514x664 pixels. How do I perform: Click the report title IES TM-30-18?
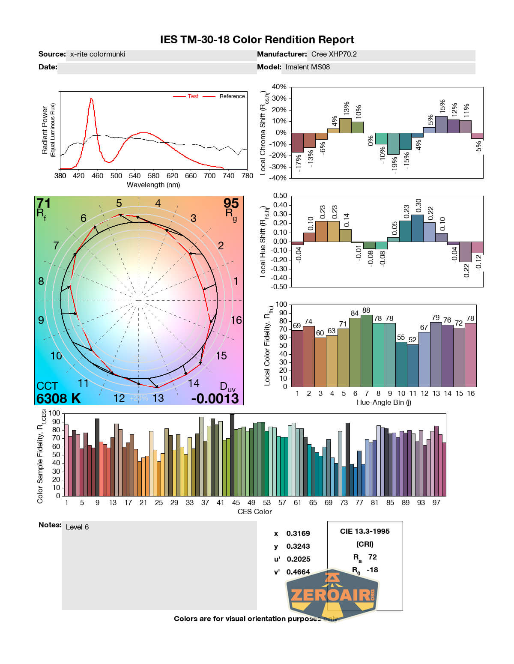pyautogui.click(x=257, y=40)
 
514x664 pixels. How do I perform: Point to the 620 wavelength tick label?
pyautogui.click(x=172, y=176)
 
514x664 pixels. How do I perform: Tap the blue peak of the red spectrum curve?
pyautogui.click(x=91, y=99)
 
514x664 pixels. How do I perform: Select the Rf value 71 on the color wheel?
pyautogui.click(x=44, y=203)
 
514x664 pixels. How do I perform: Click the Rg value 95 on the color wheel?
pyautogui.click(x=231, y=203)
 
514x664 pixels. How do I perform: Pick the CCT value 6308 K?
pyautogui.click(x=58, y=398)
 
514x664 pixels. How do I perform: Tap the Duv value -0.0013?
pyautogui.click(x=215, y=398)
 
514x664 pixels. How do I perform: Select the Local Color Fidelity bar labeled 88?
pyautogui.click(x=366, y=351)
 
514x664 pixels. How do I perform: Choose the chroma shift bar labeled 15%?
pyautogui.click(x=441, y=125)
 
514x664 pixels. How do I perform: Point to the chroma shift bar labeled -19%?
pyautogui.click(x=393, y=144)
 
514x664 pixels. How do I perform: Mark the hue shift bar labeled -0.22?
pyautogui.click(x=465, y=251)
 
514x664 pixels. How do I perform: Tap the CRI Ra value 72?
pyautogui.click(x=373, y=557)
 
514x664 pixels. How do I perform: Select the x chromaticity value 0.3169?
pyautogui.click(x=298, y=533)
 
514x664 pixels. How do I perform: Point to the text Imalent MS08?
pyautogui.click(x=308, y=67)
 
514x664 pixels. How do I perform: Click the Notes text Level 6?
pyautogui.click(x=78, y=527)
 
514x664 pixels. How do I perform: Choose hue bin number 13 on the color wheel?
pyautogui.click(x=158, y=398)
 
